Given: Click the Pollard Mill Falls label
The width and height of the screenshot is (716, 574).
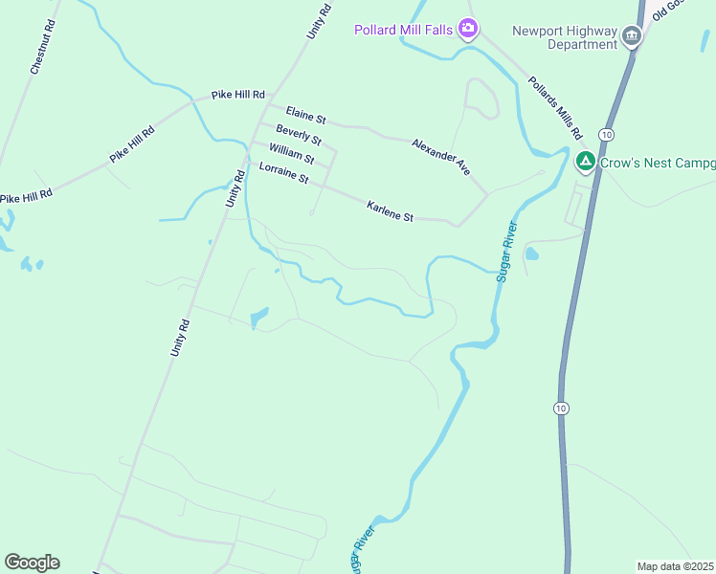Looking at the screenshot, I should pos(403,30).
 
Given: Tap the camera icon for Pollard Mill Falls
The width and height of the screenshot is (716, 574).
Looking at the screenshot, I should pos(468,28).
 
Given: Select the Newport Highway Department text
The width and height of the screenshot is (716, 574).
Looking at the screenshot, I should pos(565,37).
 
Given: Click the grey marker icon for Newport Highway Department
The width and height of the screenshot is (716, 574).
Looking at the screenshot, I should pos(631,37).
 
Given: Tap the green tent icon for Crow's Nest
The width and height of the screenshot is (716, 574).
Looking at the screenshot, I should pos(586,163).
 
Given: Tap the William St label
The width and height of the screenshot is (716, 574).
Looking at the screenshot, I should pos(291,153).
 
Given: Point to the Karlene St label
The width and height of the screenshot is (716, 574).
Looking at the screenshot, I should pos(390,211).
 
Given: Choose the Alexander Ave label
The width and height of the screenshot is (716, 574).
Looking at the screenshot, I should pos(441,157).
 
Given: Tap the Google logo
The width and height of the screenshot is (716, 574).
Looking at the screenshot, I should pos(32,563).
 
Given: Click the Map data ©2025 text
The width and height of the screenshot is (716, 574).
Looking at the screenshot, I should pos(676,566).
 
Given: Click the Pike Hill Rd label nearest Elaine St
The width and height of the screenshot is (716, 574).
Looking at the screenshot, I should pos(237,95).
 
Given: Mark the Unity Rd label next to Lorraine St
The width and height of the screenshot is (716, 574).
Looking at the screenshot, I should pos(235,188).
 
